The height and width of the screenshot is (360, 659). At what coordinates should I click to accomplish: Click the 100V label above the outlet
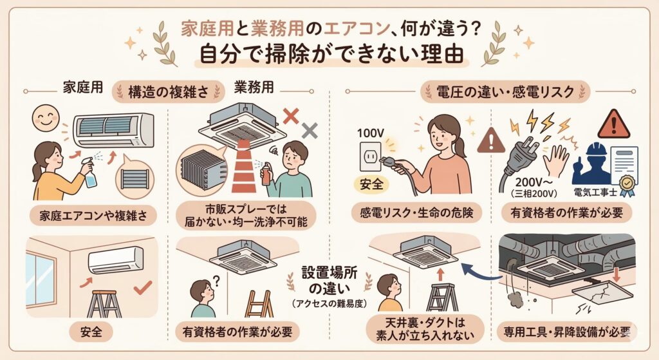click(x=371, y=133)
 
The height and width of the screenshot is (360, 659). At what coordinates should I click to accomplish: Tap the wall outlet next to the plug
click(x=370, y=156)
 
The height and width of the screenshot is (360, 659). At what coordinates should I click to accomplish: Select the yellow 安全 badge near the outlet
click(x=371, y=184)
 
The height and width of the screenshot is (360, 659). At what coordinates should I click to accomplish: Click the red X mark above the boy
click(x=291, y=116)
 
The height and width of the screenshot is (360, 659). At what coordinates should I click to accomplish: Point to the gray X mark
click(x=310, y=131)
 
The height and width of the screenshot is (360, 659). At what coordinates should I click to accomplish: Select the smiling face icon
click(x=46, y=118)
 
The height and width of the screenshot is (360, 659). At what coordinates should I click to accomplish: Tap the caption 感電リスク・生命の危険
click(x=416, y=213)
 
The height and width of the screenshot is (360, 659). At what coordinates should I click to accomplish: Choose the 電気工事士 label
click(x=595, y=193)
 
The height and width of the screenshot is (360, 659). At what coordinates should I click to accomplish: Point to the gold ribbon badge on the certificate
click(x=627, y=185)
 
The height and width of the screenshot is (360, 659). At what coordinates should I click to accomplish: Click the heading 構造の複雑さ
click(x=169, y=92)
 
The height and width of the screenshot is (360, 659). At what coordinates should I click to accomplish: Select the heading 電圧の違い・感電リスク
click(x=505, y=91)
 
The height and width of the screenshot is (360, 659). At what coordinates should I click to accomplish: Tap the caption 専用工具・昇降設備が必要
click(x=567, y=332)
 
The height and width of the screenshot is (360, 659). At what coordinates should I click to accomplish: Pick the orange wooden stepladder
click(x=259, y=303)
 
